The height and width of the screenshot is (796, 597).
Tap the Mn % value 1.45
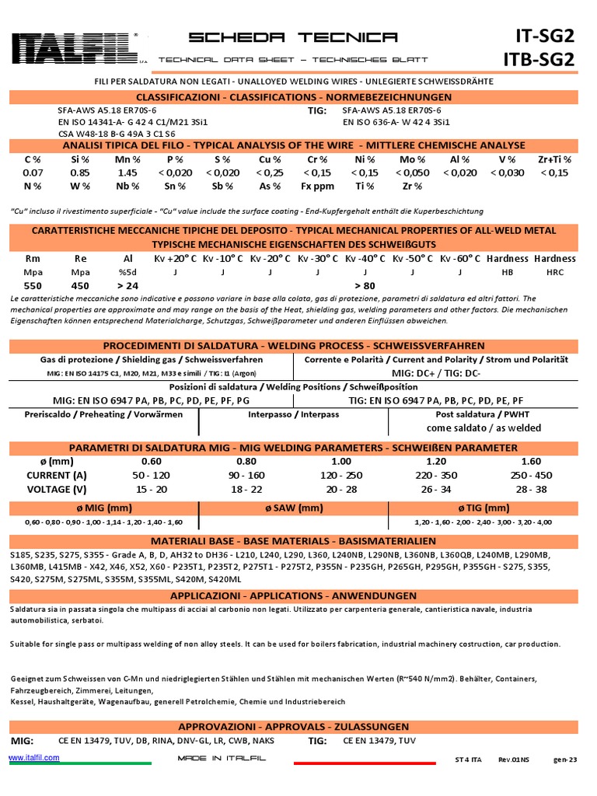[x=127, y=173]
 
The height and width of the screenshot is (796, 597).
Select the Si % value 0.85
[x=80, y=173]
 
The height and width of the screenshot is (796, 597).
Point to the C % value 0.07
[x=33, y=173]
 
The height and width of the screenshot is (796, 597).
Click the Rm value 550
[x=33, y=285]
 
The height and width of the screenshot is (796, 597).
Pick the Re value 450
[x=80, y=285]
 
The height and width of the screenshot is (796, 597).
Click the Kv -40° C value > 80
[x=365, y=285]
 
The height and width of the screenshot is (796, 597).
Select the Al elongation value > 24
[x=127, y=285]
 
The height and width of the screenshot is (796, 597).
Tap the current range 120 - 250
[x=341, y=475]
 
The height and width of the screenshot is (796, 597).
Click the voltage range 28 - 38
[x=532, y=489]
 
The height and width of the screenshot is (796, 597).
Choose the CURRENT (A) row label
[x=57, y=475]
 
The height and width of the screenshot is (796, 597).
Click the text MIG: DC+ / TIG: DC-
[x=436, y=373]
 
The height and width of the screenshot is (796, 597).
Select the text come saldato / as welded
[x=484, y=428]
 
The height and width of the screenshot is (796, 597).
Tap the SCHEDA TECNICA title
[x=293, y=37]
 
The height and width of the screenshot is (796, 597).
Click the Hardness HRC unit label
[x=555, y=272]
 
